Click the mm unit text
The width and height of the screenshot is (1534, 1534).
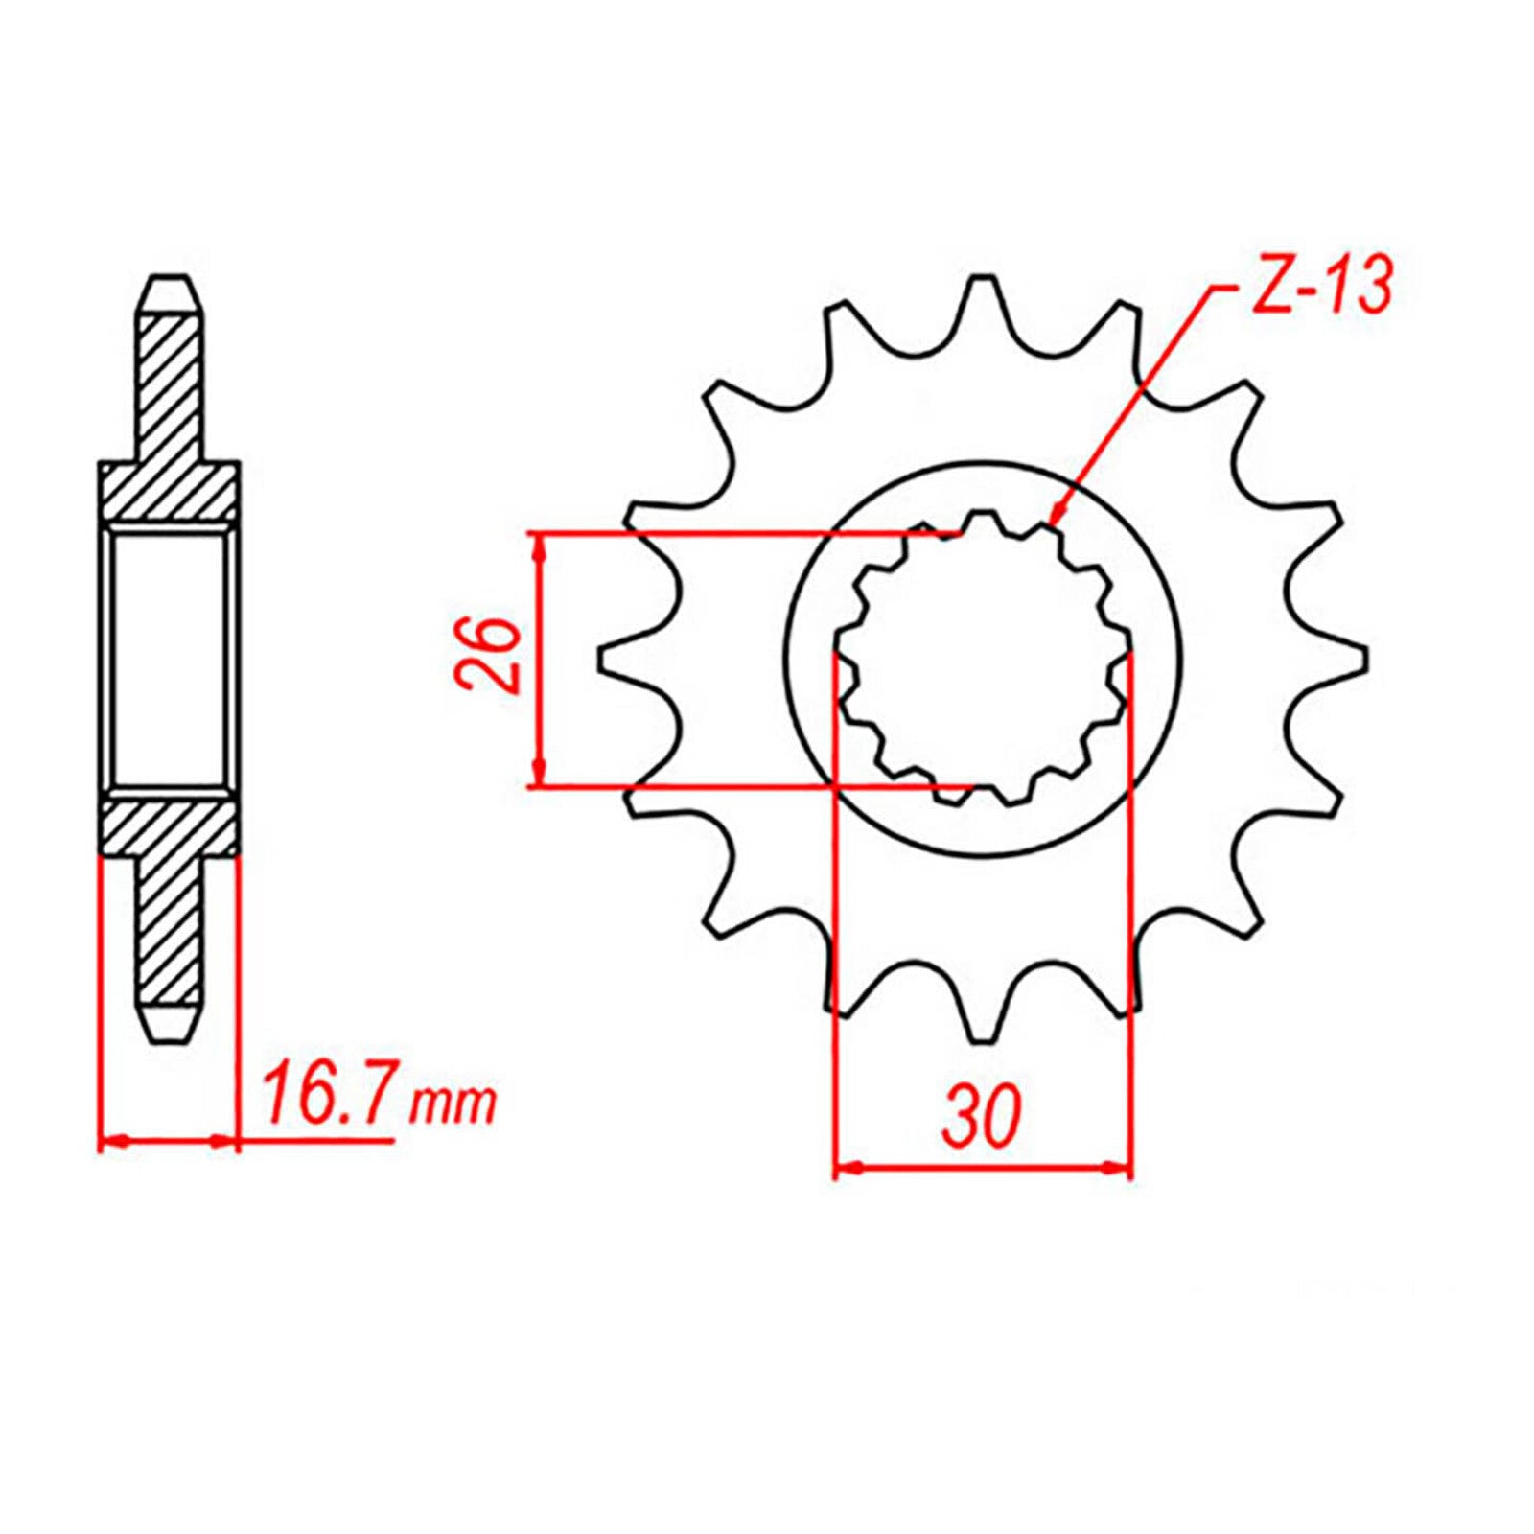pos(453,1104)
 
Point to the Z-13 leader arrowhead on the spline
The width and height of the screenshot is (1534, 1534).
pos(1057,518)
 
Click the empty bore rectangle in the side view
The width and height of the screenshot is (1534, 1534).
pos(170,660)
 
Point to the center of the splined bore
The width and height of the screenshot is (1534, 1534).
pos(982,660)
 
